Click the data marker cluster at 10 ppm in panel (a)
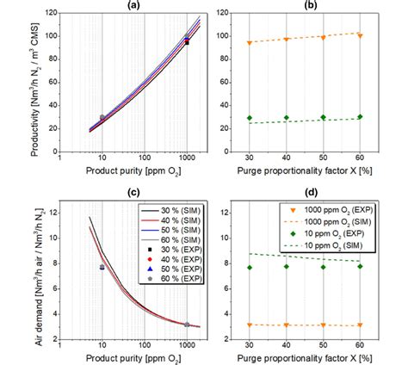coord(102,118)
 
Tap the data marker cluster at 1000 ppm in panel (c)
coord(188,325)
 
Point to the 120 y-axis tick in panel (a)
coord(48,15)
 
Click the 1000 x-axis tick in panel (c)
coord(188,348)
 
